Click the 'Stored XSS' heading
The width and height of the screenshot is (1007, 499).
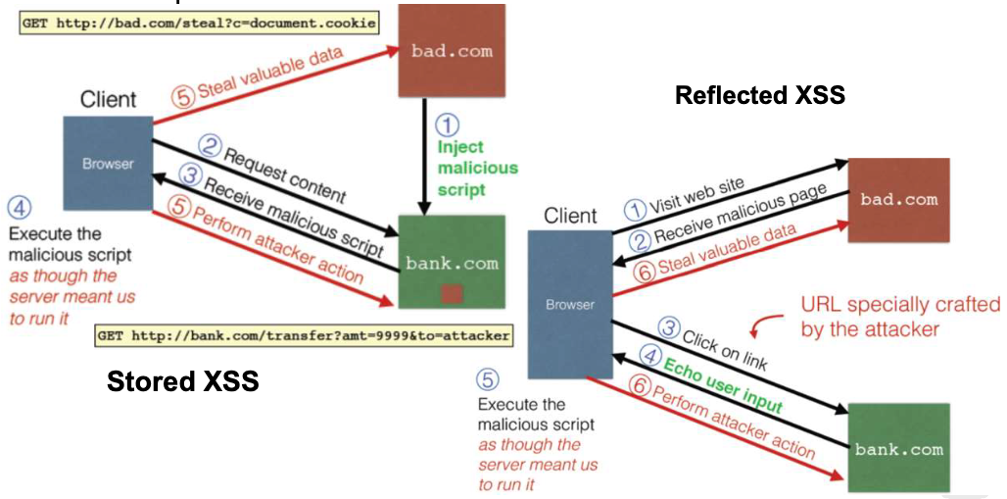182,381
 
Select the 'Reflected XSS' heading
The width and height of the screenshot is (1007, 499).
759,95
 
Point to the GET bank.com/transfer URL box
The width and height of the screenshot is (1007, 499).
304,336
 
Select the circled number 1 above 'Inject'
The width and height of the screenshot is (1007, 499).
446,125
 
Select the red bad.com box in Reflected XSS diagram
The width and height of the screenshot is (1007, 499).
898,200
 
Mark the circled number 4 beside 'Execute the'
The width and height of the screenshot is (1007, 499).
18,207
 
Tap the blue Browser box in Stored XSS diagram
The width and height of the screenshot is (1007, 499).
108,163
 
